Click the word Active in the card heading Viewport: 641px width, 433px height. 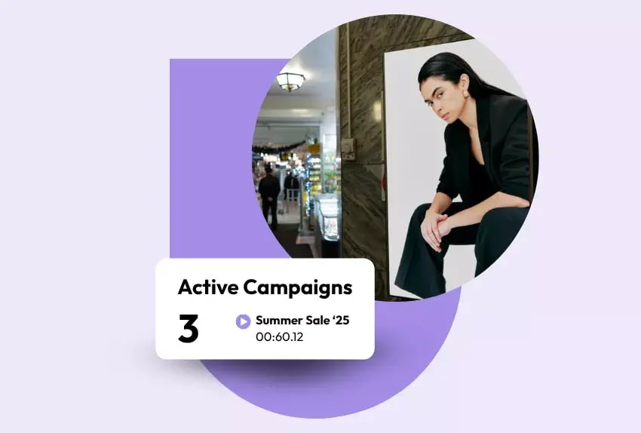(208, 287)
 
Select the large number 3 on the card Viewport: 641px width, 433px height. (189, 329)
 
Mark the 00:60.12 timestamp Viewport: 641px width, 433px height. (279, 337)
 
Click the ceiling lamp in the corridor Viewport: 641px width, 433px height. (290, 81)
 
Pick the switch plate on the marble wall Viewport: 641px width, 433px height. (348, 148)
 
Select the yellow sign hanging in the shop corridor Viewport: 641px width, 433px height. (313, 149)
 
